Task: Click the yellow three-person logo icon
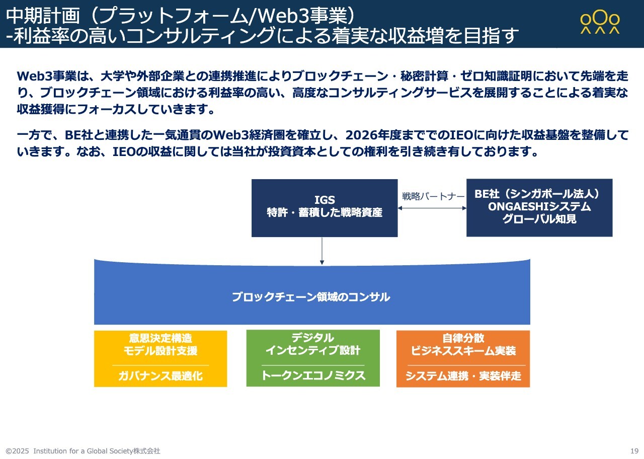pyautogui.click(x=600, y=22)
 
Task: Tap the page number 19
pyautogui.click(x=634, y=450)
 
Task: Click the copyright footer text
pyautogui.click(x=83, y=451)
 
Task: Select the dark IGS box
pyautogui.click(x=325, y=208)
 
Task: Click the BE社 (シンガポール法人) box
pyautogui.click(x=539, y=208)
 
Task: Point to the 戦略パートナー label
pyautogui.click(x=433, y=196)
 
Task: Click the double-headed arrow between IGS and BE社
pyautogui.click(x=432, y=208)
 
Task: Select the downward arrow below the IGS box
pyautogui.click(x=322, y=251)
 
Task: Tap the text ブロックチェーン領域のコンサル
pyautogui.click(x=311, y=297)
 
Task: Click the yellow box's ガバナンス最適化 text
pyautogui.click(x=160, y=375)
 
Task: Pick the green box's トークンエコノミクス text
pyautogui.click(x=313, y=375)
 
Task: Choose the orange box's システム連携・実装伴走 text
pyautogui.click(x=463, y=375)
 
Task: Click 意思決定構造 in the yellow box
pyautogui.click(x=160, y=338)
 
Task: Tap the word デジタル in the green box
pyautogui.click(x=313, y=338)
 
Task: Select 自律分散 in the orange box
pyautogui.click(x=463, y=338)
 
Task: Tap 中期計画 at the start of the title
pyautogui.click(x=43, y=16)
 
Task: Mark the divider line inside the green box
pyautogui.click(x=313, y=365)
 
